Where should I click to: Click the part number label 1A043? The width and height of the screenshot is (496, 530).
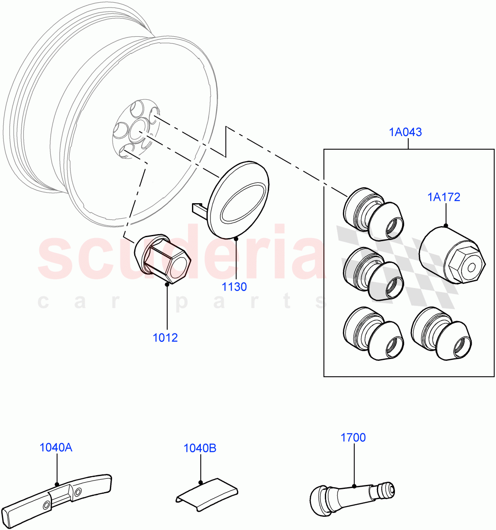click(405, 132)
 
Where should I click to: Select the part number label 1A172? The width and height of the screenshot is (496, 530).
click(443, 197)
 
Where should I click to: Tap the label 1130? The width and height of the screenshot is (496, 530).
click(234, 287)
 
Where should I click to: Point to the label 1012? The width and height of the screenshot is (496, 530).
click(165, 338)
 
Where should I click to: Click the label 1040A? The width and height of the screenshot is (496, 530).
click(56, 447)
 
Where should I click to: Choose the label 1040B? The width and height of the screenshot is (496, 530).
click(200, 448)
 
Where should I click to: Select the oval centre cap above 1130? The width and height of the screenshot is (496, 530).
click(239, 200)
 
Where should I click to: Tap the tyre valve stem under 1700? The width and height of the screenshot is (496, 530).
click(353, 492)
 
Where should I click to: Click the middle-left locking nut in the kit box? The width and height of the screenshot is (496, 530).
click(373, 273)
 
